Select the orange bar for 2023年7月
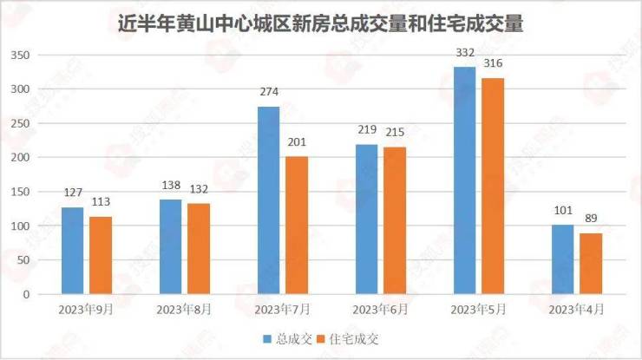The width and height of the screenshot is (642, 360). (296, 226)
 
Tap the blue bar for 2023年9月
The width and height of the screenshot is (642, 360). (73, 251)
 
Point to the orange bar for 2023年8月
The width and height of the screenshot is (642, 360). (198, 249)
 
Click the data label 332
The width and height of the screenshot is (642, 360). (465, 54)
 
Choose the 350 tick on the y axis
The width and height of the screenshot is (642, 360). (19, 56)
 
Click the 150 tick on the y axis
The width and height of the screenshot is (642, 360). (19, 192)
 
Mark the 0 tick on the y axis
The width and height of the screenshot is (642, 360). (26, 294)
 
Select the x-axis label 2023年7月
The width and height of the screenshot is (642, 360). (282, 309)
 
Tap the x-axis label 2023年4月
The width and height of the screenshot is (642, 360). (577, 309)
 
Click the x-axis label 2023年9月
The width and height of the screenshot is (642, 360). (86, 309)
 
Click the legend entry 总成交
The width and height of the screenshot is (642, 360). (289, 339)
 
